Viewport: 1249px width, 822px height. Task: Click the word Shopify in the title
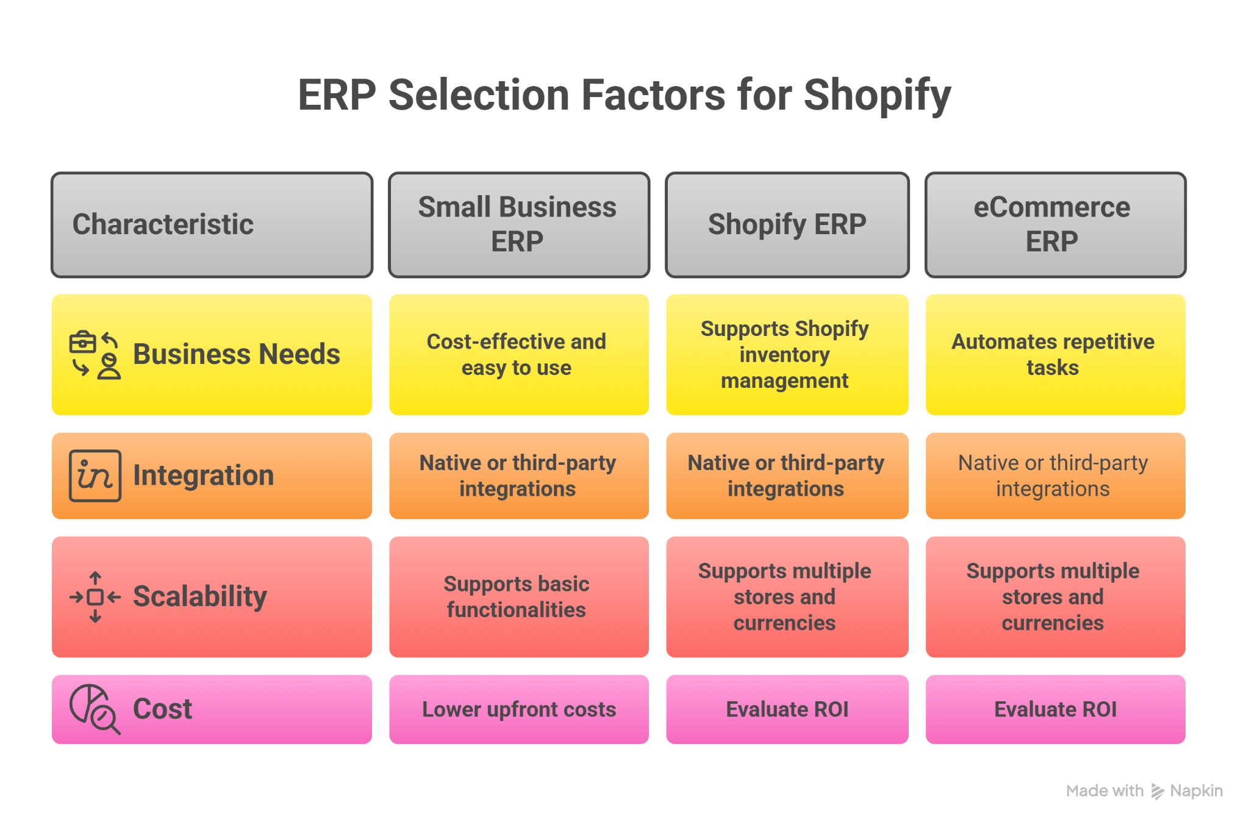click(877, 96)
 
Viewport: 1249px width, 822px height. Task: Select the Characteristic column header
click(212, 224)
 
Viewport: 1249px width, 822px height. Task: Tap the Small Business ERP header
click(519, 224)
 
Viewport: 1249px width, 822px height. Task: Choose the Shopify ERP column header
click(787, 224)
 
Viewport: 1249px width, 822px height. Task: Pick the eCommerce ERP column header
click(1055, 224)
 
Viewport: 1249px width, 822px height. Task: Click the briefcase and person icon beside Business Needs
click(95, 355)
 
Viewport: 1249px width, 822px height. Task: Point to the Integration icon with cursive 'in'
click(95, 476)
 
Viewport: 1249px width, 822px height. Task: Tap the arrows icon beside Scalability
click(95, 597)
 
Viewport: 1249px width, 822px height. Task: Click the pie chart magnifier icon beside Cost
click(95, 709)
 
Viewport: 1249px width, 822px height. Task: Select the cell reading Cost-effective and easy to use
click(519, 355)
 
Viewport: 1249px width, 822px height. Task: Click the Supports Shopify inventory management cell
click(787, 355)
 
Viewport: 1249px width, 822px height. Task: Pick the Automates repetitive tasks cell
click(1055, 355)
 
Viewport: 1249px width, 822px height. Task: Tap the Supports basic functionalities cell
click(519, 597)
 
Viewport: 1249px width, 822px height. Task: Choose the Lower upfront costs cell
click(519, 709)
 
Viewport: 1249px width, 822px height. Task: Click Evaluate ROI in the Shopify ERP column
click(787, 709)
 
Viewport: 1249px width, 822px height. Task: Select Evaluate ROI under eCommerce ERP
click(1055, 709)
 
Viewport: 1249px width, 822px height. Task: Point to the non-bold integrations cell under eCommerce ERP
click(1055, 476)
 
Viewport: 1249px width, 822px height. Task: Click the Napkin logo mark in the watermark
click(1157, 792)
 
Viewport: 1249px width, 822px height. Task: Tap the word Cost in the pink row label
click(162, 709)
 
